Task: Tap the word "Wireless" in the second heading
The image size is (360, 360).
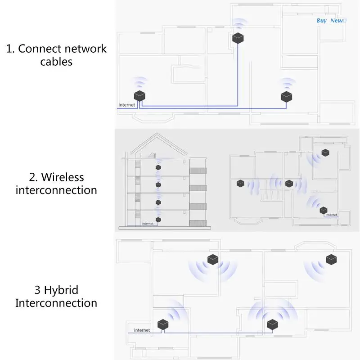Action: pyautogui.click(x=56, y=177)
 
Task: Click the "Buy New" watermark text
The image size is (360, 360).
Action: pyautogui.click(x=331, y=21)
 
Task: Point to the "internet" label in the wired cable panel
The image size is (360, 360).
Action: pyautogui.click(x=126, y=105)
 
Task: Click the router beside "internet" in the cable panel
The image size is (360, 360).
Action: pyautogui.click(x=140, y=96)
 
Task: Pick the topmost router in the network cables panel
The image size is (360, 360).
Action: pyautogui.click(x=238, y=38)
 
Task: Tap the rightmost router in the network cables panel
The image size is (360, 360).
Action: pyautogui.click(x=286, y=96)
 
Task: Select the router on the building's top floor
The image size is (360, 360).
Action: pyautogui.click(x=158, y=168)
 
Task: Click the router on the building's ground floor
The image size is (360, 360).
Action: pyautogui.click(x=158, y=220)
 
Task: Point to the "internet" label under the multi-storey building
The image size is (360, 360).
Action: pyautogui.click(x=147, y=224)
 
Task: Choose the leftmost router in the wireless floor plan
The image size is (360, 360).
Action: pyautogui.click(x=240, y=183)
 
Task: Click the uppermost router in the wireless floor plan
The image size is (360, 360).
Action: pyautogui.click(x=325, y=153)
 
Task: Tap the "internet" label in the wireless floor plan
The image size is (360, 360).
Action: pyautogui.click(x=331, y=215)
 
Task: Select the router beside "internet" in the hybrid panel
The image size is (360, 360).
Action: pyautogui.click(x=162, y=324)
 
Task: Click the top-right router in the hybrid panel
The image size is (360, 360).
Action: pyautogui.click(x=331, y=260)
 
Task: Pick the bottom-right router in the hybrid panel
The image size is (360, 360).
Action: pyautogui.click(x=272, y=324)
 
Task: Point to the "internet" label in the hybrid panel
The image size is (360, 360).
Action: pyautogui.click(x=142, y=330)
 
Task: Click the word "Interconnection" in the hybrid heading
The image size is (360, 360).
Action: pyautogui.click(x=56, y=303)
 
